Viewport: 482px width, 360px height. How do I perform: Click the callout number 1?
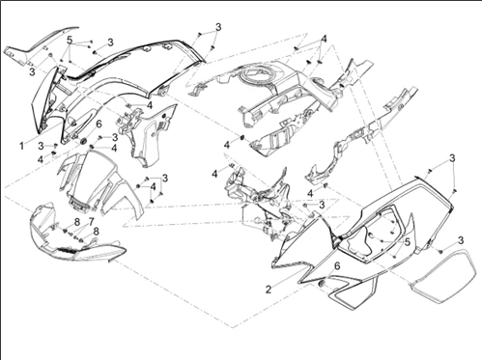(21, 147)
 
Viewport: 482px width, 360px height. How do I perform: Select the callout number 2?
(269, 290)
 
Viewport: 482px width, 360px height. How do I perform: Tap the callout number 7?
(91, 221)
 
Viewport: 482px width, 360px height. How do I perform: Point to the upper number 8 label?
(76, 222)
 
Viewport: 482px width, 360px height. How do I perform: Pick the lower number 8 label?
(96, 232)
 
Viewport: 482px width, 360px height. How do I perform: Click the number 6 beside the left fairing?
(99, 124)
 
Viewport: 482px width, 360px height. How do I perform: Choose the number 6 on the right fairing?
(337, 266)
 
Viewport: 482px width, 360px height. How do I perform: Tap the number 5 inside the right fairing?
(408, 242)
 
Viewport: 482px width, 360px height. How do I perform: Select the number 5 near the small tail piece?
(70, 41)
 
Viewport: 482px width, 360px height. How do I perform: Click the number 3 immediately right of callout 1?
(41, 146)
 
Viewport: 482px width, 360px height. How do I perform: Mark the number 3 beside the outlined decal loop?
(461, 240)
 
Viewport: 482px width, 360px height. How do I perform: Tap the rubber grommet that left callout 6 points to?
(83, 141)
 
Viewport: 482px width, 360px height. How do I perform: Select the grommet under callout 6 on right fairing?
(321, 284)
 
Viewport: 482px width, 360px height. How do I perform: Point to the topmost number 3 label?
(218, 27)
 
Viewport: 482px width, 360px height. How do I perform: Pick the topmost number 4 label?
(324, 39)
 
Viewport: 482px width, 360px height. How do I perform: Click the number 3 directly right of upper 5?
(110, 42)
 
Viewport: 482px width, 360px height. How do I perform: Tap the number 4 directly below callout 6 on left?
(114, 148)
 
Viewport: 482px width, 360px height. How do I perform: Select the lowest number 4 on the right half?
(310, 194)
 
